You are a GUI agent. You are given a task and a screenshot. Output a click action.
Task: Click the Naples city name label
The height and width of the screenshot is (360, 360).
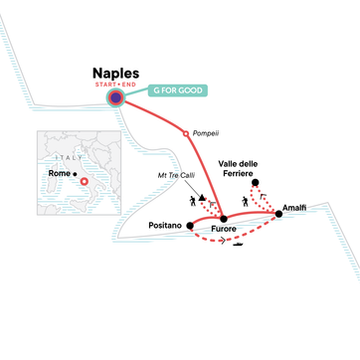tap(115, 73)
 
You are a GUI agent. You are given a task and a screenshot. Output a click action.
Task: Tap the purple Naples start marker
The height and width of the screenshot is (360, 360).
tap(116, 98)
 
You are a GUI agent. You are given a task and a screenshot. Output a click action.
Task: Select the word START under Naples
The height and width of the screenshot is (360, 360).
tap(103, 85)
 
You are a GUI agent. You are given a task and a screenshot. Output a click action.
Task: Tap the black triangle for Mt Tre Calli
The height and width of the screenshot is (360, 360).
tap(203, 198)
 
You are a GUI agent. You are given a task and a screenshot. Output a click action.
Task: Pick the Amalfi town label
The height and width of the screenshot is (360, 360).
tap(295, 206)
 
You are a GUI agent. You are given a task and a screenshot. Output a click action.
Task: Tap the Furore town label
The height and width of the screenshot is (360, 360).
tap(226, 230)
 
